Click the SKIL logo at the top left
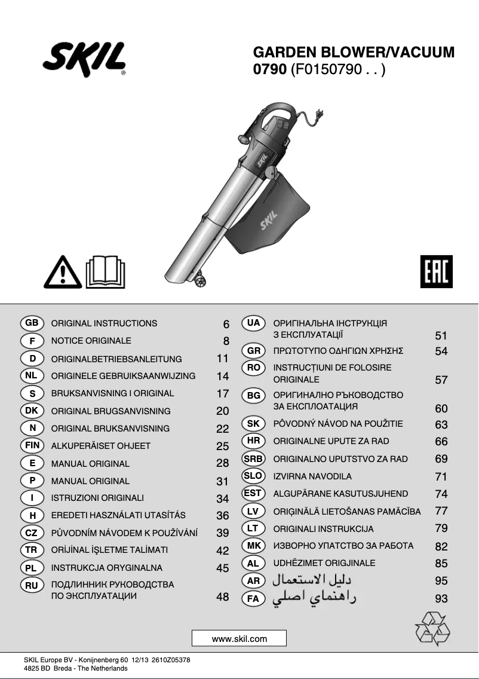click(x=84, y=60)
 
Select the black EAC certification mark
click(x=436, y=272)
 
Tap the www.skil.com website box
click(x=239, y=638)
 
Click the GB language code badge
click(x=32, y=323)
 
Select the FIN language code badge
click(x=32, y=445)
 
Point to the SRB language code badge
click(x=253, y=458)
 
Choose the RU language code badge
click(x=32, y=585)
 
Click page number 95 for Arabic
click(x=441, y=580)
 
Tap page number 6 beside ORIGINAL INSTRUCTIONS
click(x=226, y=325)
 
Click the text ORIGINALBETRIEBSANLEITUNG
click(x=116, y=359)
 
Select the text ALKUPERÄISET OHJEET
click(x=101, y=446)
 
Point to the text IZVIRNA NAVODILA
click(x=312, y=476)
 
